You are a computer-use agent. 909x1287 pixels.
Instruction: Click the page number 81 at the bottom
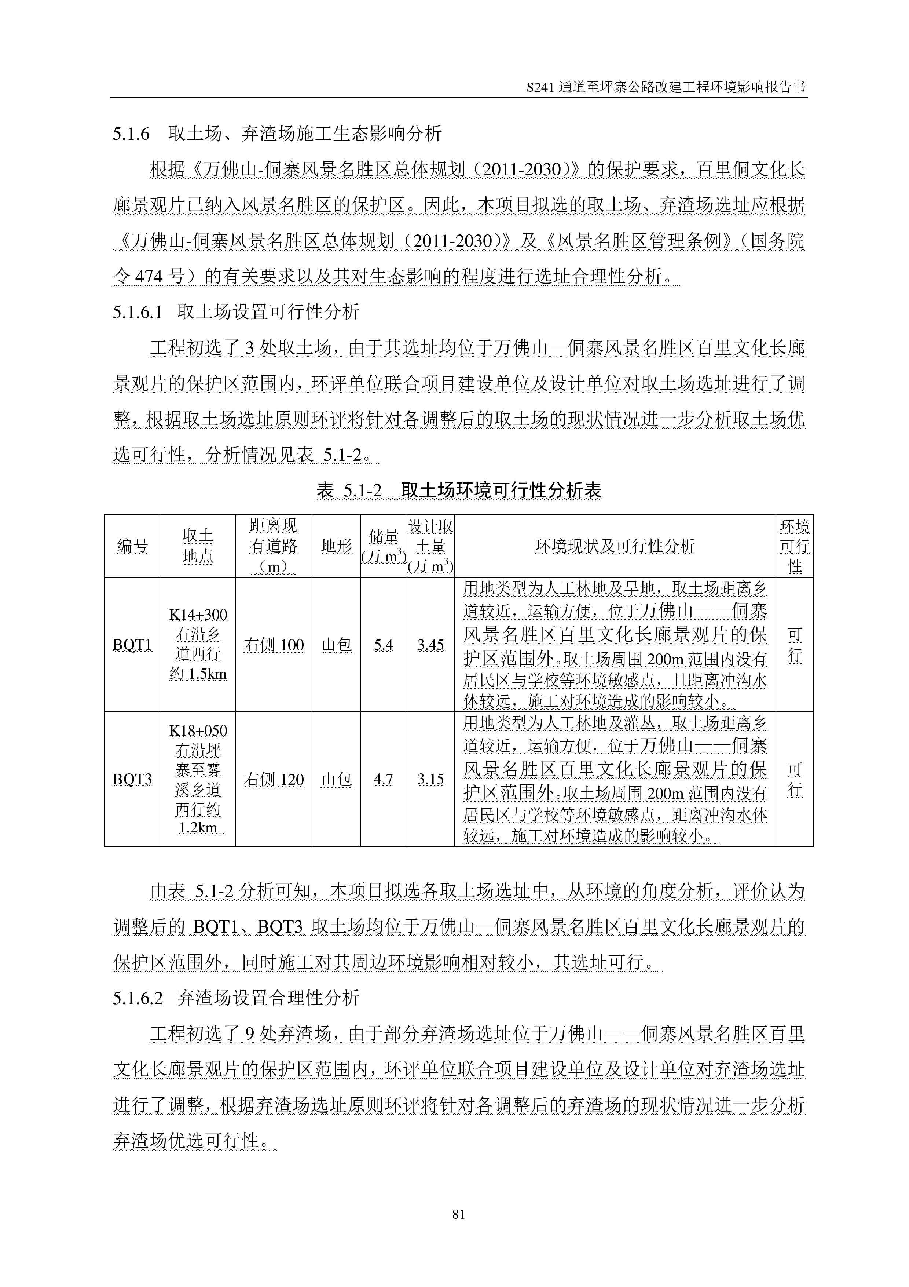click(458, 1214)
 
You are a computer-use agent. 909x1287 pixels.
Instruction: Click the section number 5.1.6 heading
click(131, 134)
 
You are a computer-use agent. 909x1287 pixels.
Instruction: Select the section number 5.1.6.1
click(137, 312)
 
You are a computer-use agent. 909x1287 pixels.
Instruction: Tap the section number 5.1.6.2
click(137, 998)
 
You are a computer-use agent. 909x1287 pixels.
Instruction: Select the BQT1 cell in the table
click(132, 645)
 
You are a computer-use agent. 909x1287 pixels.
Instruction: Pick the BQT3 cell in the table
click(132, 779)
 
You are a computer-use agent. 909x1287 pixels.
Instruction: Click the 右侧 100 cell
click(273, 645)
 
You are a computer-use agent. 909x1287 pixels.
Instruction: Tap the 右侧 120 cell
click(273, 779)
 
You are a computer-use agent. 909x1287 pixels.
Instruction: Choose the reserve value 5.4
click(383, 645)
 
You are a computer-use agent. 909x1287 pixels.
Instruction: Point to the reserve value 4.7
click(383, 779)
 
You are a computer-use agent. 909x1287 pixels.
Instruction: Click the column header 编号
click(132, 546)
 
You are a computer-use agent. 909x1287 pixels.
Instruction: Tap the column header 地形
click(336, 546)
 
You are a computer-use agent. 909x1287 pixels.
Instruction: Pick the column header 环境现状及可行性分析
click(615, 546)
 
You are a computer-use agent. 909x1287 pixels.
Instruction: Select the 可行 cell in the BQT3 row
click(794, 779)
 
